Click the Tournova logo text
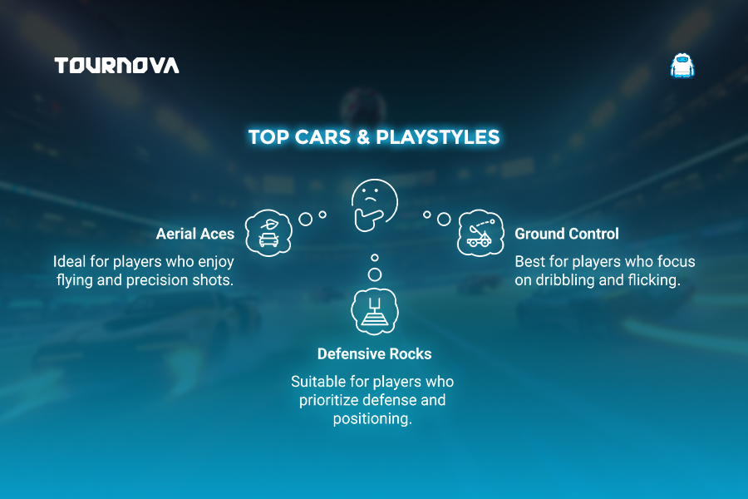[117, 66]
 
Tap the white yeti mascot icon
[682, 66]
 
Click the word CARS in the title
[322, 137]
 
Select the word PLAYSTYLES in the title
[437, 137]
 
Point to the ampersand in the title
[363, 137]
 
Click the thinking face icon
[374, 205]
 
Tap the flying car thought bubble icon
[268, 233]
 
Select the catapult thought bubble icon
[480, 233]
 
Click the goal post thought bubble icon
[375, 311]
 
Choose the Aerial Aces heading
[195, 234]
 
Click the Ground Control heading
[567, 234]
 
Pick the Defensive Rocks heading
[375, 353]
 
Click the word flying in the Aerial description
[75, 280]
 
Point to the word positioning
[372, 419]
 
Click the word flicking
[654, 280]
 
